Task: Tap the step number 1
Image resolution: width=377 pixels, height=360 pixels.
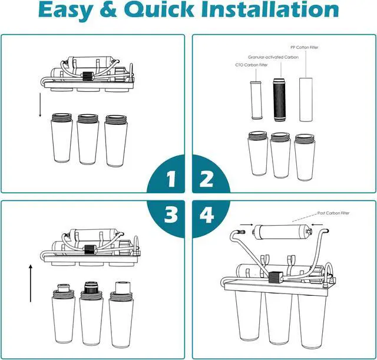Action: click(171, 179)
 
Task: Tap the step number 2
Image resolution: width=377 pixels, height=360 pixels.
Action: click(206, 179)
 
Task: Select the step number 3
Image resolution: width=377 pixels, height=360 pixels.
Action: click(171, 214)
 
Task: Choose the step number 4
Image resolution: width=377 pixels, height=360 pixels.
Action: click(207, 214)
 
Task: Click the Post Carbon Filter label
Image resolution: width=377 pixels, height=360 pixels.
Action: click(334, 213)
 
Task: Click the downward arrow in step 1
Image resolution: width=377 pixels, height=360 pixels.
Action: click(39, 104)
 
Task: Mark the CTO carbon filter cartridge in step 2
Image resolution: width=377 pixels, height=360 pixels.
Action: click(256, 100)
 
